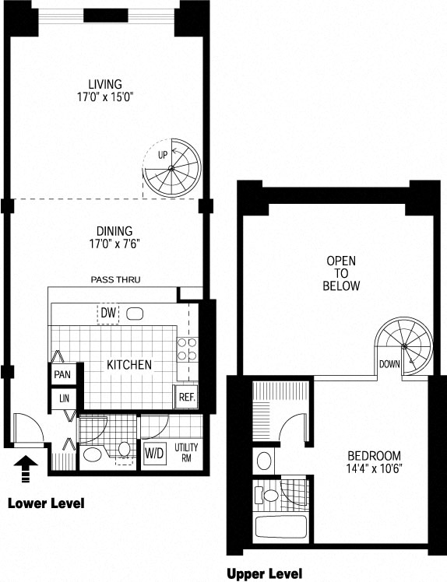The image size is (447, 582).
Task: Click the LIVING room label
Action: [105, 84]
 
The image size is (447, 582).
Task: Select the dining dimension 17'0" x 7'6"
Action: [114, 244]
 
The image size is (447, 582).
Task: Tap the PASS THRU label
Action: [115, 279]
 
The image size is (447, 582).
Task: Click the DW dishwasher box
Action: [108, 313]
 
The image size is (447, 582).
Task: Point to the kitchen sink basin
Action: [135, 314]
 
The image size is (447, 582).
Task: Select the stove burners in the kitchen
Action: [187, 349]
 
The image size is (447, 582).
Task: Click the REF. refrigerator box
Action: [187, 397]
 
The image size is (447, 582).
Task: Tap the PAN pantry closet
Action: [62, 374]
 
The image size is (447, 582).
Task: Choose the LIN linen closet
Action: [64, 398]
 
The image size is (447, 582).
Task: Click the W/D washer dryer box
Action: [154, 453]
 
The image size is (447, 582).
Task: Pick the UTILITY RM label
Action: [186, 453]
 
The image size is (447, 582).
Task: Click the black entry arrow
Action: [25, 469]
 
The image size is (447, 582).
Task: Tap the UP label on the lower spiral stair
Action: [163, 155]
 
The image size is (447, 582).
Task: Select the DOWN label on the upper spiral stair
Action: [389, 364]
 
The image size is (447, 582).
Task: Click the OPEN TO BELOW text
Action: [341, 273]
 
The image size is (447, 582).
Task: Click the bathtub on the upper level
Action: [281, 528]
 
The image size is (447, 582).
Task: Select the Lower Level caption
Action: [46, 503]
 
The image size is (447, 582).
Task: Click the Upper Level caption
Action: [264, 573]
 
